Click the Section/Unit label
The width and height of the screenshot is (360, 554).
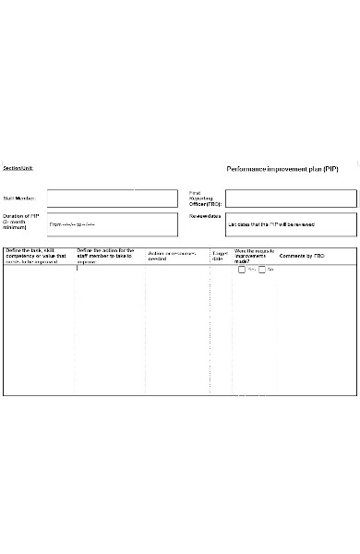18,168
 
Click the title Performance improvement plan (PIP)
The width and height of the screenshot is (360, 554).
282,170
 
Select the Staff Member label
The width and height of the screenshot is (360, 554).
19,199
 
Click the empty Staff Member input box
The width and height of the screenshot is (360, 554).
112,199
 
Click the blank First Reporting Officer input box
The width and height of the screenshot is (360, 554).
290,199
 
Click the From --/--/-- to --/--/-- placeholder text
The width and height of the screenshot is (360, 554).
72,224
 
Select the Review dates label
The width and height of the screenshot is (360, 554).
205,216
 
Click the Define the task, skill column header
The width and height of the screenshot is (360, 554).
37,256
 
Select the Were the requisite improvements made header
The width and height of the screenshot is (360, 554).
254,255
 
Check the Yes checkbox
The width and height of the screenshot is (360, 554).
242,270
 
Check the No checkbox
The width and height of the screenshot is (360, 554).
262,270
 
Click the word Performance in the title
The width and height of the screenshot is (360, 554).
247,170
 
